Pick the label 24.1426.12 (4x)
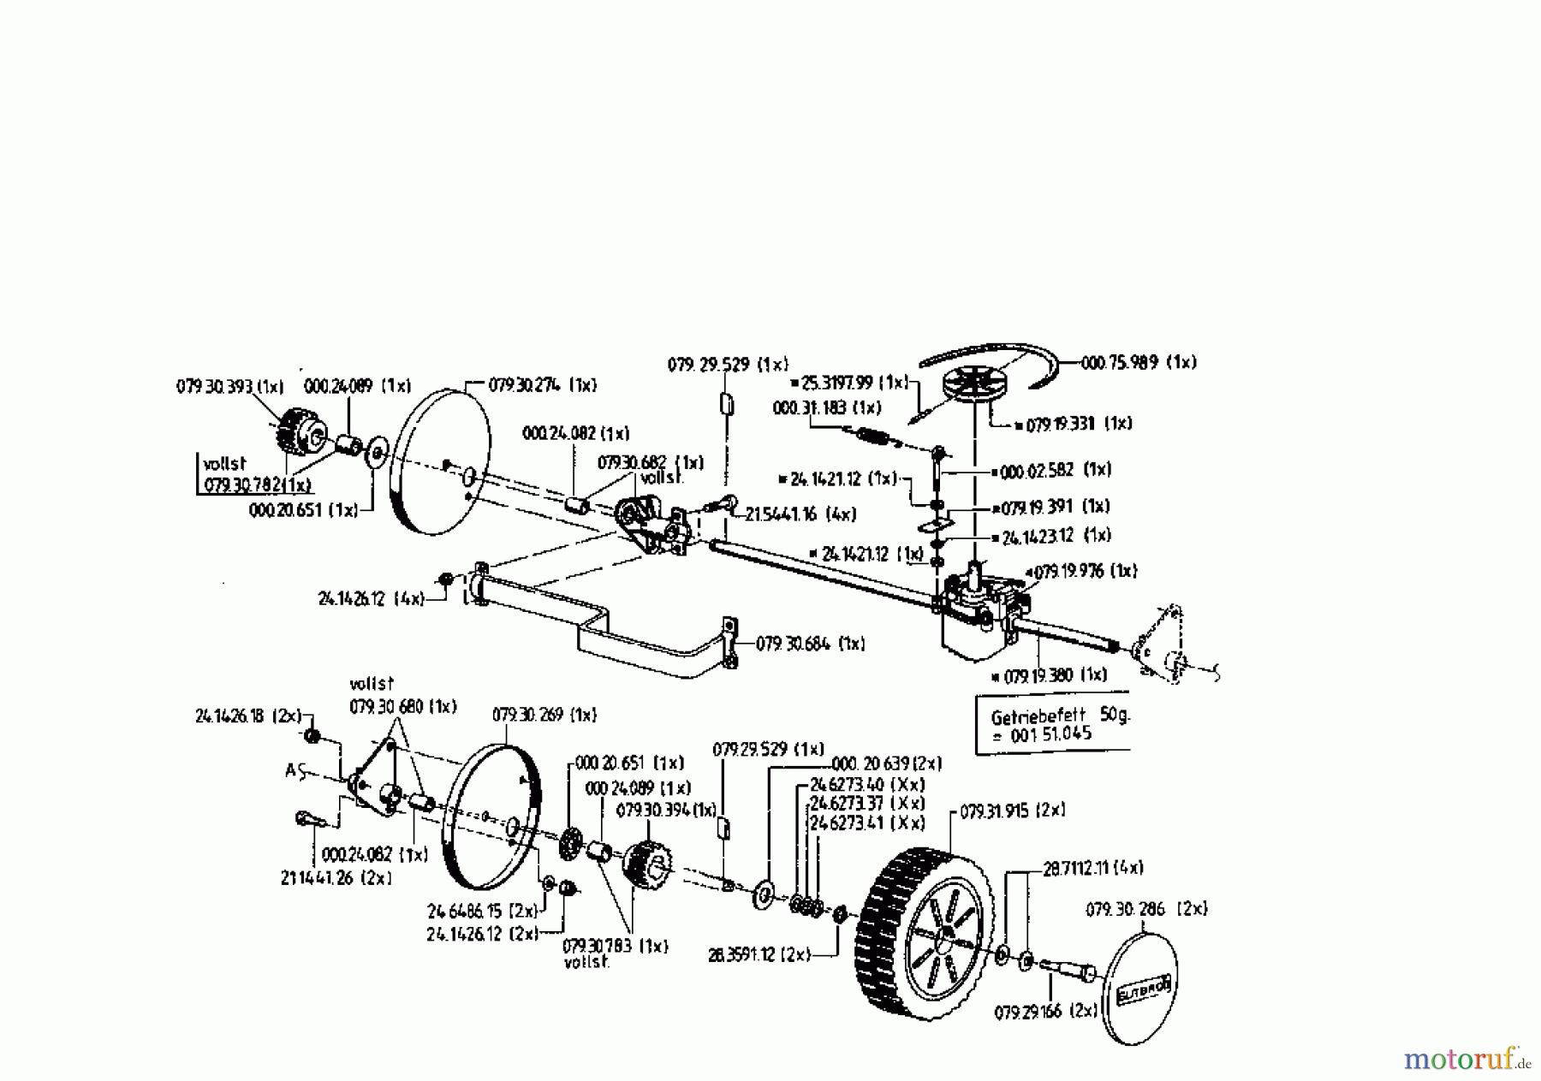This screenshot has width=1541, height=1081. pyautogui.click(x=371, y=599)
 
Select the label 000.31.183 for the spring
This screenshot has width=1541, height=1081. pyautogui.click(x=826, y=408)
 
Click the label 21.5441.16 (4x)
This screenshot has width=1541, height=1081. pyautogui.click(x=800, y=514)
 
